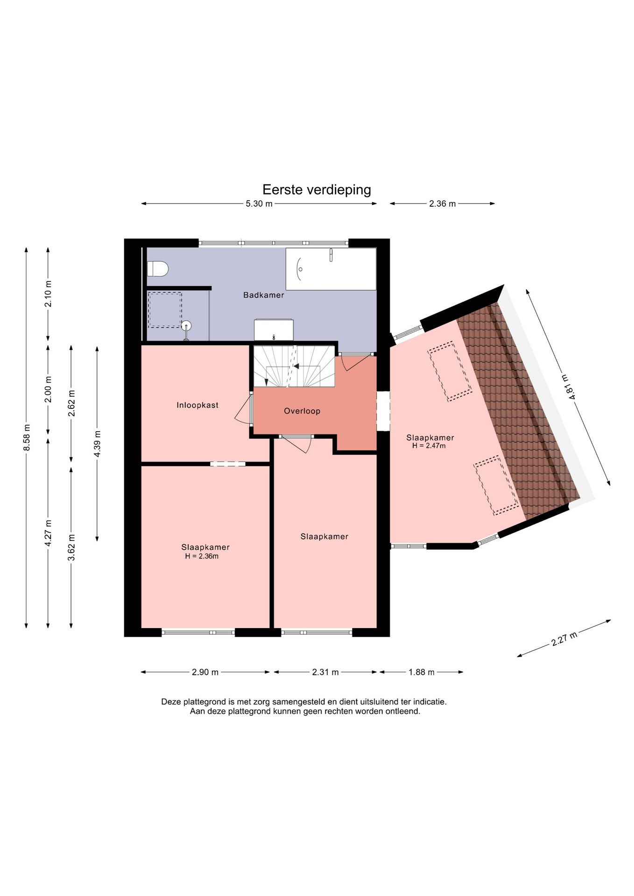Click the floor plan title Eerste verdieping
tap(317, 189)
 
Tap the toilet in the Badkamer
tap(157, 269)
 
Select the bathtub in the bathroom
tap(331, 269)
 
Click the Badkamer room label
tap(264, 295)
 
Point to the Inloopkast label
tap(197, 405)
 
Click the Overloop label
tap(302, 411)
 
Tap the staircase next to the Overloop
tap(294, 366)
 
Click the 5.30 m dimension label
tap(259, 204)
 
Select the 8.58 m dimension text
tap(27, 438)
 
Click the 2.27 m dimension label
tap(564, 638)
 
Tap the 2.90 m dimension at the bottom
tap(205, 672)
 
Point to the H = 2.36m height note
tap(202, 556)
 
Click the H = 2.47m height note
tap(429, 446)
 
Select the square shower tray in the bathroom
tap(165, 310)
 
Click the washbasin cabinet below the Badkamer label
tap(274, 330)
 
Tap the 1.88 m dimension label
tap(422, 672)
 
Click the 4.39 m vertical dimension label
tap(97, 444)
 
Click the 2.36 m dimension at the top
tap(443, 204)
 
